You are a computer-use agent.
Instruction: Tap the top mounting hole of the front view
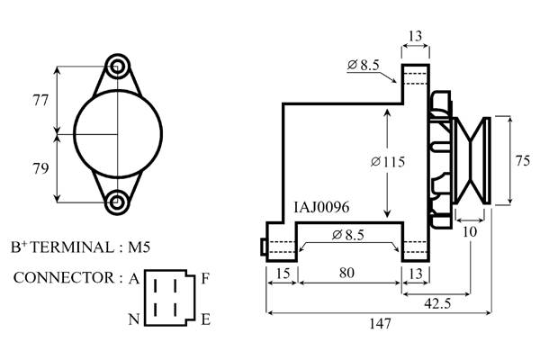click(x=117, y=66)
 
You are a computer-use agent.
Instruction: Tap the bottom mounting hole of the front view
click(x=117, y=201)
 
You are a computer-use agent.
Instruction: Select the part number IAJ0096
click(x=321, y=207)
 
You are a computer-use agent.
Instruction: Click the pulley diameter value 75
click(x=522, y=161)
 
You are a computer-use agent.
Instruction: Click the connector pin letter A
click(x=133, y=278)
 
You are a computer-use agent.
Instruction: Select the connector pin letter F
click(x=205, y=278)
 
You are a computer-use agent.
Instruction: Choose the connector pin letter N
click(x=133, y=319)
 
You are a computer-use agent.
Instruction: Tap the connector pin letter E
click(x=205, y=319)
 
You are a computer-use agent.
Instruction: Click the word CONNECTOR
click(x=60, y=278)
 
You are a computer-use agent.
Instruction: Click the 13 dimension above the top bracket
click(x=415, y=36)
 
